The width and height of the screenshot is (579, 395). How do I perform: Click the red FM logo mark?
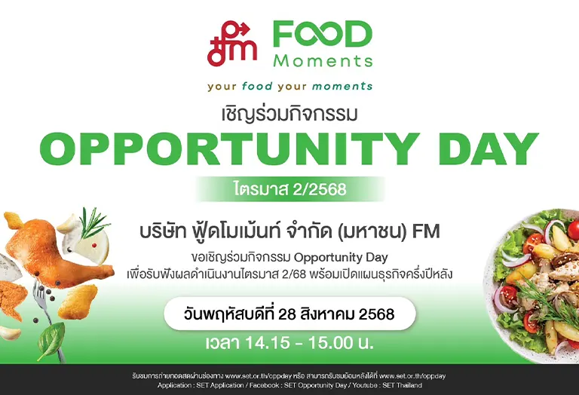coord(232,44)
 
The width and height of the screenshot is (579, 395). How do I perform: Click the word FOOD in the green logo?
coord(323,35)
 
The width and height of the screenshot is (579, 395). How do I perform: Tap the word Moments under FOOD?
coord(323,61)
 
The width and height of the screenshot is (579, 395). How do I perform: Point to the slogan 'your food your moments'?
coord(289,87)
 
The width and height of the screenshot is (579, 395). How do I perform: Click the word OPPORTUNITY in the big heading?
coord(230,149)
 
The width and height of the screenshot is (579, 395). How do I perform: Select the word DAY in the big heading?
coord(489,149)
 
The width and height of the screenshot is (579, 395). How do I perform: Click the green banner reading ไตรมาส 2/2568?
coord(289,189)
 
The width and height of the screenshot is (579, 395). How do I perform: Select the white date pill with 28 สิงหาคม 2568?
coord(289,314)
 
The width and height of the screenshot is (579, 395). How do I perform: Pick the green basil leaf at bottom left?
coord(52,341)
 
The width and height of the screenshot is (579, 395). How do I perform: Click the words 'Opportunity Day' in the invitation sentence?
coord(341,257)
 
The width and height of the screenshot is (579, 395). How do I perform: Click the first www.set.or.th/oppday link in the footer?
coord(254,376)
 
